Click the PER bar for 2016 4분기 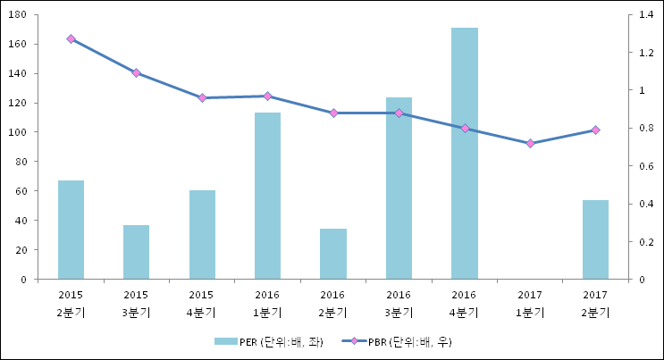(x=464, y=154)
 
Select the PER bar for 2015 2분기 (x=71, y=230)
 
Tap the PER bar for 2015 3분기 (x=136, y=252)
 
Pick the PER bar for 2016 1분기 (x=267, y=196)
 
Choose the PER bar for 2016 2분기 (x=332, y=254)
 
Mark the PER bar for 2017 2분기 (x=595, y=239)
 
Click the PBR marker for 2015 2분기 (x=71, y=39)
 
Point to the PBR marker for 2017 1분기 (x=530, y=143)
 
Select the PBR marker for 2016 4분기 (x=464, y=129)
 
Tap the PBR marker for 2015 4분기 (x=202, y=98)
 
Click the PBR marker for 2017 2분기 (x=595, y=130)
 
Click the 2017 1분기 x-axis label (x=530, y=303)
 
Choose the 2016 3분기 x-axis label (x=399, y=303)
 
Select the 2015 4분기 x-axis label (x=202, y=303)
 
